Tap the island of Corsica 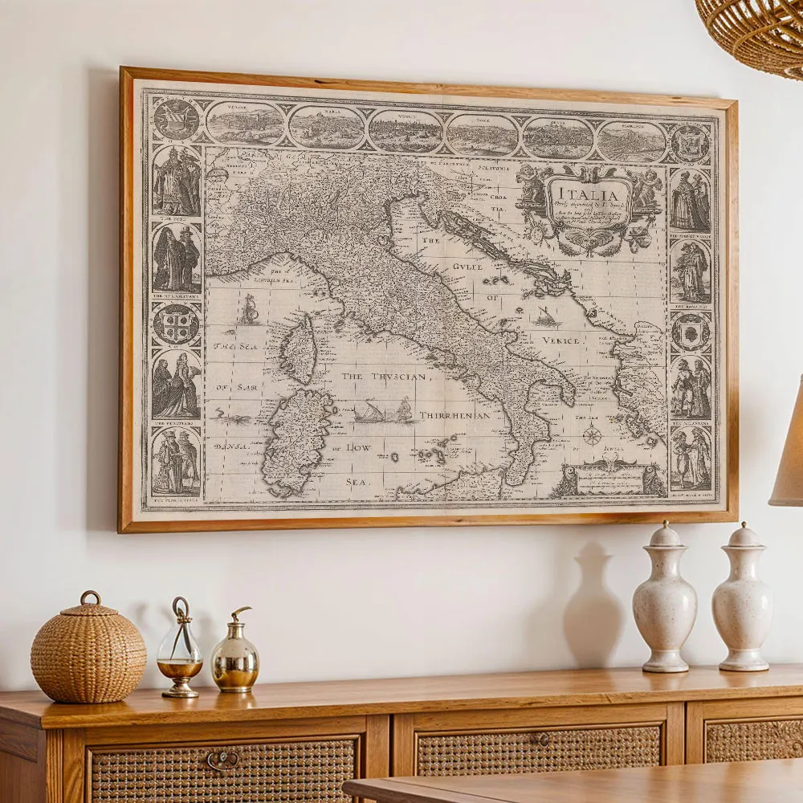point(299,349)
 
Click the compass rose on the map point(592,436)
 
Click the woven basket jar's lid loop point(90,597)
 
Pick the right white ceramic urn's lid point(744,536)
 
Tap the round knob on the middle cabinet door point(544,740)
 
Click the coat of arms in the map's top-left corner point(176,119)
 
